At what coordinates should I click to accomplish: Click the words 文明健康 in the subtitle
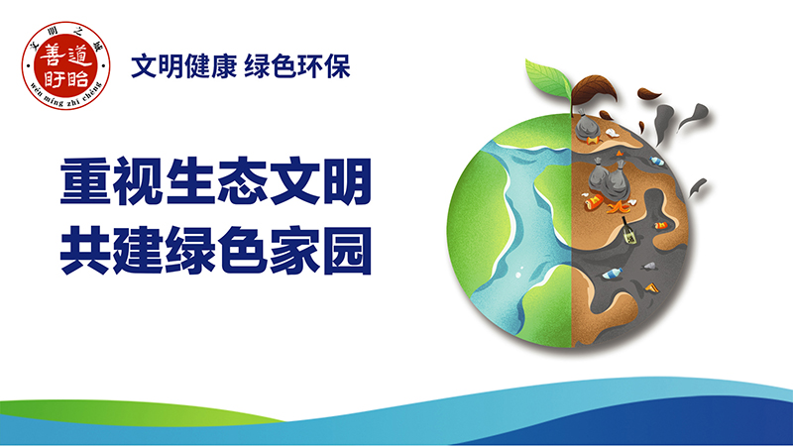[174, 66]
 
